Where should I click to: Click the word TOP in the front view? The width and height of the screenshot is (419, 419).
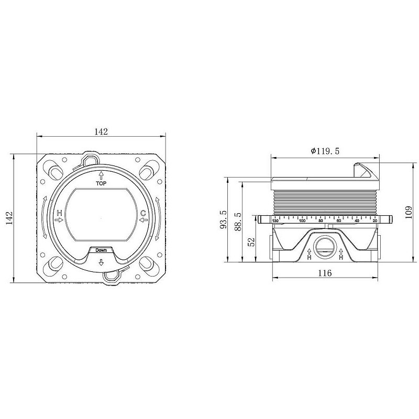[101, 183]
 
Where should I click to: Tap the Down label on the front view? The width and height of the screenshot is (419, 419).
[101, 250]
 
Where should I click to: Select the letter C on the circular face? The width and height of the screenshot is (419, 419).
[143, 213]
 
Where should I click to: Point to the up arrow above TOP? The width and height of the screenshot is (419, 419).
[101, 175]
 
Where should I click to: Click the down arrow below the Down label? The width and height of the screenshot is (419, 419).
[101, 262]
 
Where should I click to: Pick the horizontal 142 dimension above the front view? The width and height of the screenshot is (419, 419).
[101, 131]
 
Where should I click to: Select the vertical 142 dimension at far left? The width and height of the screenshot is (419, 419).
[9, 218]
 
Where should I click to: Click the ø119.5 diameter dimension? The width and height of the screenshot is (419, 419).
[325, 151]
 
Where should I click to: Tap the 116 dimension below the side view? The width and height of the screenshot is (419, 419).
[325, 273]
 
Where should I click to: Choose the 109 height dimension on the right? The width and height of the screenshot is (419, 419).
[409, 212]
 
